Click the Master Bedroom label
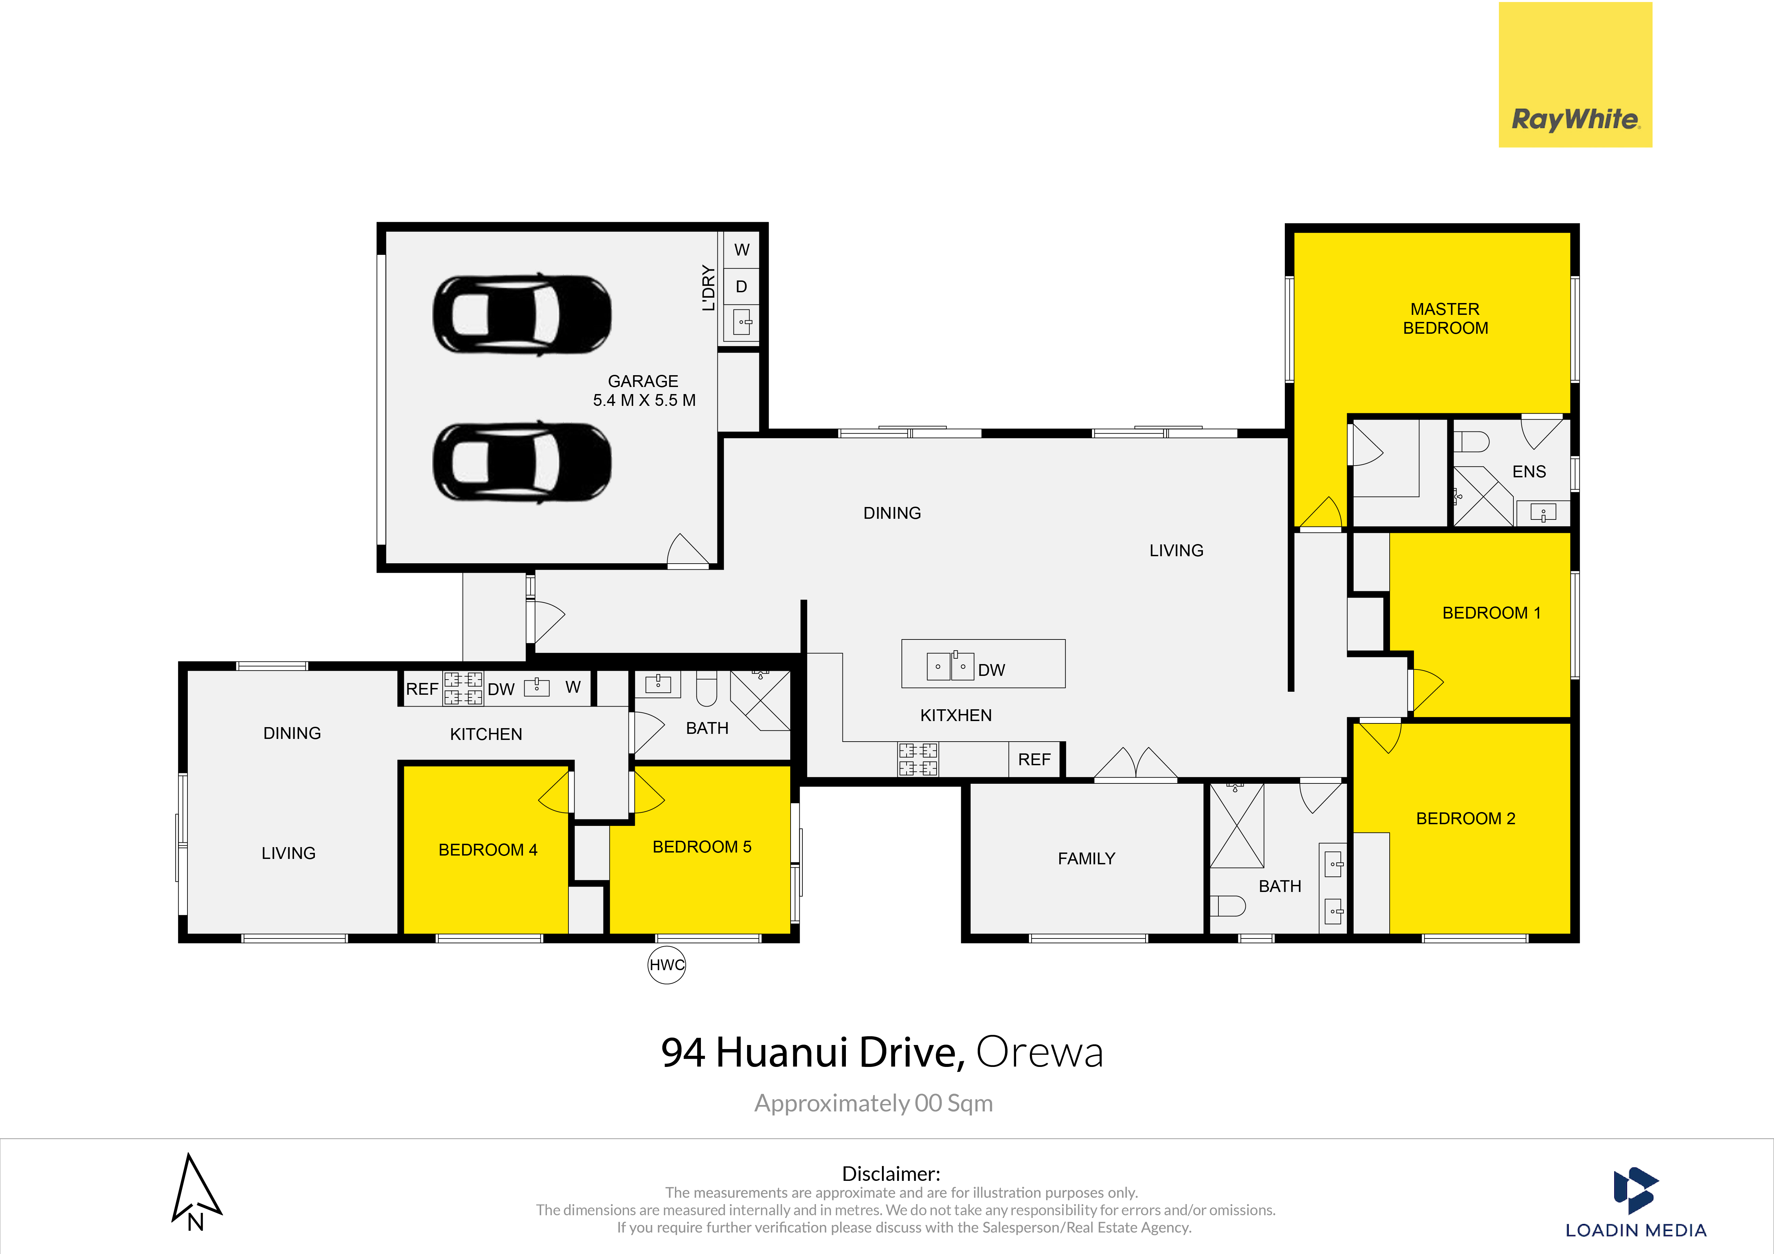tap(1445, 318)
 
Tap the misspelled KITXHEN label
tap(956, 715)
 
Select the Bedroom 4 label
tap(487, 850)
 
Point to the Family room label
tap(1086, 858)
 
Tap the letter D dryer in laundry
tap(741, 287)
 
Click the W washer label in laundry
tap(742, 249)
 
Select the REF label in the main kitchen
tap(1034, 759)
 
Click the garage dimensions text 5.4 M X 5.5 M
tap(644, 400)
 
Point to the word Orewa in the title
tap(1039, 1052)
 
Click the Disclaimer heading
tap(891, 1174)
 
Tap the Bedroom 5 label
tap(702, 847)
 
